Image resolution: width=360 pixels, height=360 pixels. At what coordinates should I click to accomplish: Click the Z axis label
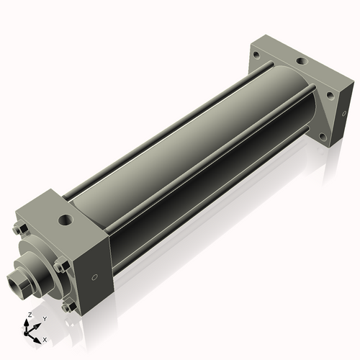pyautogui.click(x=28, y=315)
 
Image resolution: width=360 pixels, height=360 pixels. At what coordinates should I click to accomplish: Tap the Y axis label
pyautogui.click(x=44, y=318)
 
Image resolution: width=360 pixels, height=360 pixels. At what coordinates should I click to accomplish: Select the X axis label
pyautogui.click(x=45, y=338)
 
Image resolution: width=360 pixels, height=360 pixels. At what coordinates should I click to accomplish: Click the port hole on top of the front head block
pyautogui.click(x=66, y=217)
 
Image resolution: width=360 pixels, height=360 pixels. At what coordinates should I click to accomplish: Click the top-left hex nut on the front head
pyautogui.click(x=20, y=230)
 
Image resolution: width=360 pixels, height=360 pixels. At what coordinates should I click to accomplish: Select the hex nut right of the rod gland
pyautogui.click(x=61, y=266)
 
